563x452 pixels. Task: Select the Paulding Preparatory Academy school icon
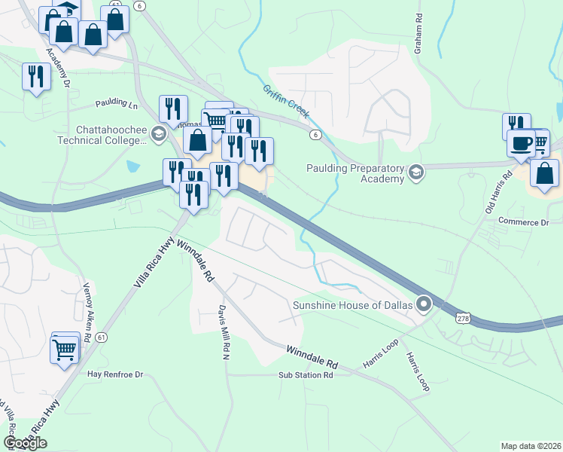click(x=415, y=174)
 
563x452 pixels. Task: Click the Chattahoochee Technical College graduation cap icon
click(x=158, y=134)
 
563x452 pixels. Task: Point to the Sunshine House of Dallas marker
click(x=424, y=304)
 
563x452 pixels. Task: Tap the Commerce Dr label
click(x=525, y=222)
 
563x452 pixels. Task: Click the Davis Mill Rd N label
click(x=224, y=331)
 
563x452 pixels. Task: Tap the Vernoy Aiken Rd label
click(x=86, y=313)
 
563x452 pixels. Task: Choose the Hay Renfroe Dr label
click(x=115, y=374)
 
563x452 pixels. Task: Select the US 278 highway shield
click(x=462, y=319)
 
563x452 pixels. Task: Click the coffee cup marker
click(x=521, y=142)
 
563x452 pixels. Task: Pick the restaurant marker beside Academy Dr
click(x=36, y=76)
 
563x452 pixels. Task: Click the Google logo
click(x=26, y=443)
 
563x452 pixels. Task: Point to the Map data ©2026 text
click(x=531, y=446)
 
